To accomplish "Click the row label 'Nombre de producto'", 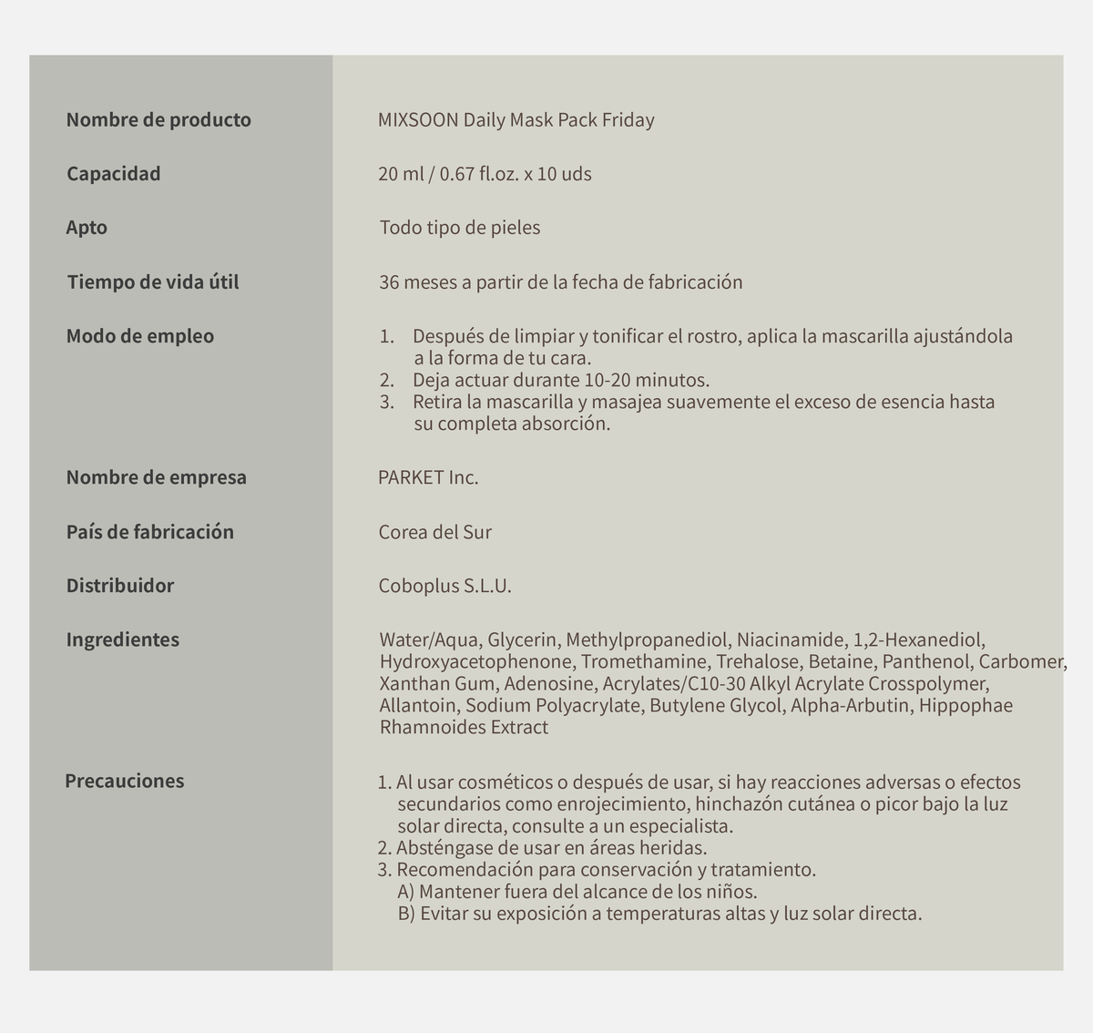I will click(x=158, y=120).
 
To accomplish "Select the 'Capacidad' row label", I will click(x=113, y=174).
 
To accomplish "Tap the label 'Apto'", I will click(x=87, y=228).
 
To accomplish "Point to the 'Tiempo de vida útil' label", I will click(x=153, y=282).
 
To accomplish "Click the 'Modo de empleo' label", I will click(x=140, y=336).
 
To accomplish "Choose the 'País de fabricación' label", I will click(x=149, y=532).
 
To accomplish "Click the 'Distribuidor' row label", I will click(x=120, y=586).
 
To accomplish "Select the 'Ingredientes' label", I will click(x=123, y=639).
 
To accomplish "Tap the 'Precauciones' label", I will click(x=125, y=781).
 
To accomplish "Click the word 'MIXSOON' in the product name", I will click(x=418, y=120).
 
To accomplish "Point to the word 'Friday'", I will click(x=628, y=120).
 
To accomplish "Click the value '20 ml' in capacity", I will click(x=401, y=174).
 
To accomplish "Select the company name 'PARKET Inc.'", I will click(x=428, y=477).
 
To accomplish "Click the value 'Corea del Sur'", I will click(x=434, y=532).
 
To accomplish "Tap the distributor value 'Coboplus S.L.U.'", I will click(x=444, y=586).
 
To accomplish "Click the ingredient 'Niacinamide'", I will click(x=791, y=639).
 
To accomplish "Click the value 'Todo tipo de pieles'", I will click(x=460, y=228).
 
